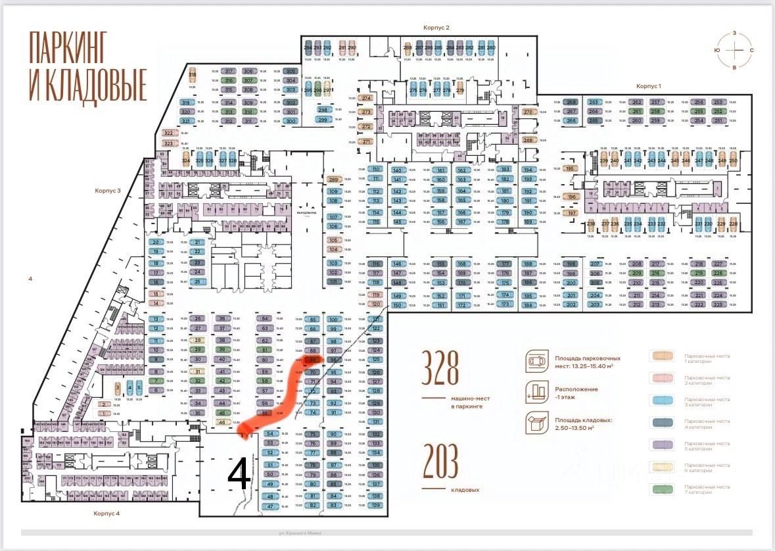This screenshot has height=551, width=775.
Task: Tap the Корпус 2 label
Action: point(436,28)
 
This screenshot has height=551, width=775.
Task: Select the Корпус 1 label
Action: point(648,86)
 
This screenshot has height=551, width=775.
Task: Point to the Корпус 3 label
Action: point(108,190)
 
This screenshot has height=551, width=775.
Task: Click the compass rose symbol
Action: point(734,51)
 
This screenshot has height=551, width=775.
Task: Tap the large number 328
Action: point(440,370)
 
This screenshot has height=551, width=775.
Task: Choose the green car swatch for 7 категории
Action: point(667,490)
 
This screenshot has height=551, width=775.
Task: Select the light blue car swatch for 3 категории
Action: point(667,402)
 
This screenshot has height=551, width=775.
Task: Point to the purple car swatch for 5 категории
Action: point(667,446)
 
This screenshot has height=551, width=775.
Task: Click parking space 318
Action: point(193,74)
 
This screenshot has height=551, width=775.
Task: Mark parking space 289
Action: point(333,180)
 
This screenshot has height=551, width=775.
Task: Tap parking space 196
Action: point(572,197)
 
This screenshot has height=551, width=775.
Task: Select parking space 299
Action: point(323,120)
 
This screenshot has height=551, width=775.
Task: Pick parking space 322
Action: point(168,133)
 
